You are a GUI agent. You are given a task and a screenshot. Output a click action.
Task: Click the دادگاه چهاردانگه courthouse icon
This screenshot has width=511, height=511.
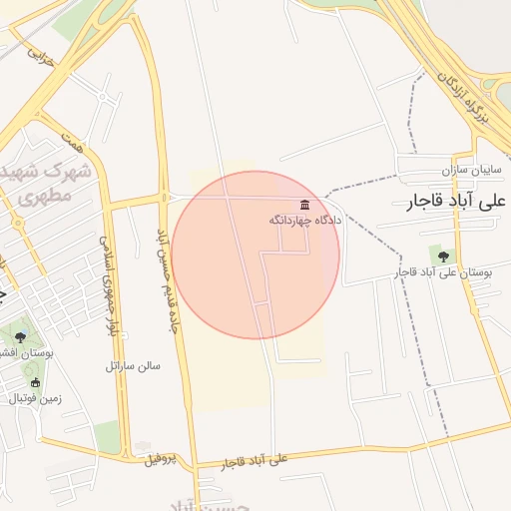[x=303, y=205]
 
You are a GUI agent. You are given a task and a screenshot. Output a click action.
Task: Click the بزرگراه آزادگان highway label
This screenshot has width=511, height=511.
[x=466, y=96]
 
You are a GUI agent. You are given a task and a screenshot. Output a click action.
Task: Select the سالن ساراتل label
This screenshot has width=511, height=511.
[x=133, y=365]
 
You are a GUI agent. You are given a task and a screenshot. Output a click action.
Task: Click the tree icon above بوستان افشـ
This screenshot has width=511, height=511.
[x=21, y=337]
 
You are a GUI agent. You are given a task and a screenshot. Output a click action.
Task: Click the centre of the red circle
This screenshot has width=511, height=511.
[x=255, y=255]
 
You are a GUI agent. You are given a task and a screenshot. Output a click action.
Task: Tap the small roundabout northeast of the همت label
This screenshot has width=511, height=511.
[x=105, y=97]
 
